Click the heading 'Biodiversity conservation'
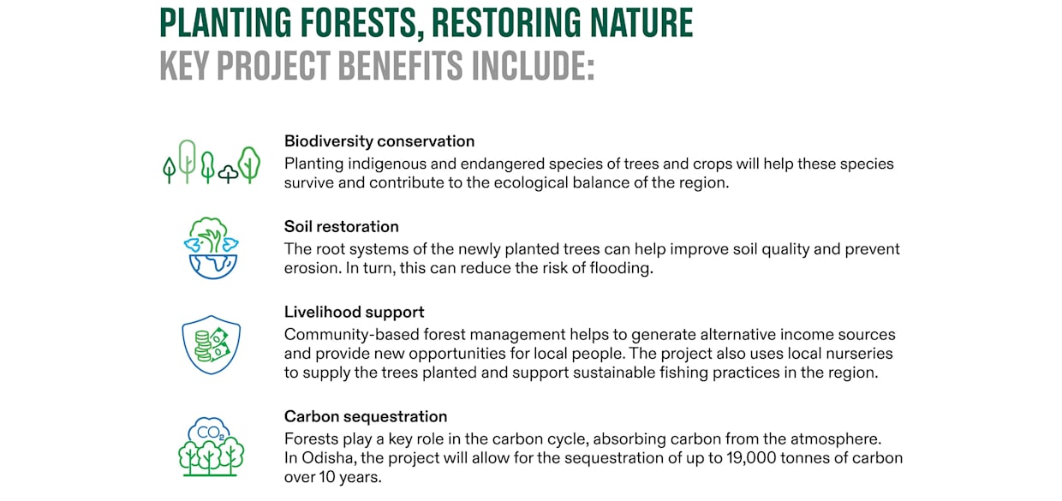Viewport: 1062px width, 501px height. coord(379,141)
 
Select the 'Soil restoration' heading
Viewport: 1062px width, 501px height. coord(341,227)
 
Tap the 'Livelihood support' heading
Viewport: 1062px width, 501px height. coord(354,313)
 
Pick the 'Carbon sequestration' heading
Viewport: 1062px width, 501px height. coord(365,417)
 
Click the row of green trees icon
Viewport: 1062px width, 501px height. coord(211,162)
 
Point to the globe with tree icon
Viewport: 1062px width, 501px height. coord(211,248)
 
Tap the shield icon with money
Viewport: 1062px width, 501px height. coord(211,344)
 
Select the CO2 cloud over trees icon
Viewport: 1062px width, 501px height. coord(211,446)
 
